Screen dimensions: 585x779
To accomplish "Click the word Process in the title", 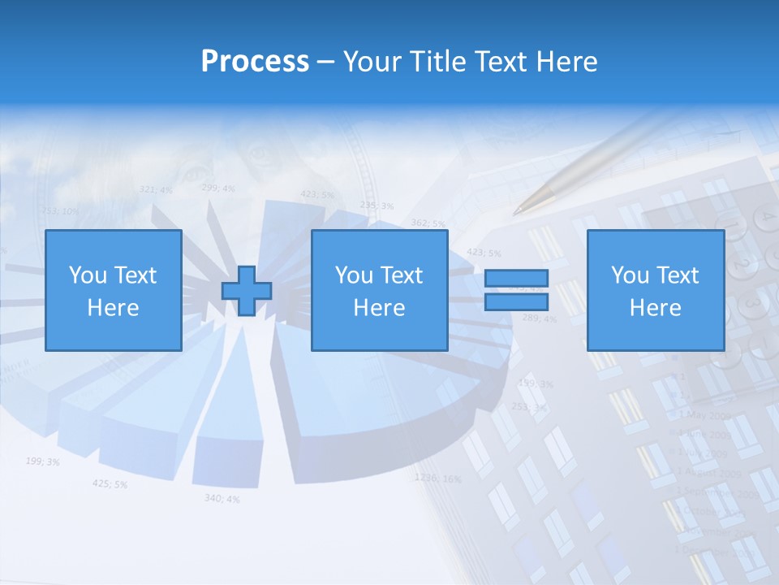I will tap(255, 62).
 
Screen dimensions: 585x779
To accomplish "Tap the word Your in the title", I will tap(374, 62).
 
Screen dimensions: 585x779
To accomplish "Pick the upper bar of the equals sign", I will tap(516, 279).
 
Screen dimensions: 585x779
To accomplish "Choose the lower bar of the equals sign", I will tap(516, 302).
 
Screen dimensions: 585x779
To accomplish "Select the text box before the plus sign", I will tap(113, 291).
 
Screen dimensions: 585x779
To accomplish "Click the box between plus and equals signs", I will tap(379, 291).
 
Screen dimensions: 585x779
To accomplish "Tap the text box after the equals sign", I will tap(655, 291).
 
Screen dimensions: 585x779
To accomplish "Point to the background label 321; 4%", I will tap(156, 189).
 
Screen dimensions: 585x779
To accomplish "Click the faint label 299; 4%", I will tap(217, 188).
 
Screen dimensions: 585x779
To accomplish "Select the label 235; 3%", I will tap(377, 206).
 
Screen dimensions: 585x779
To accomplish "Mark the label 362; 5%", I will tap(428, 223).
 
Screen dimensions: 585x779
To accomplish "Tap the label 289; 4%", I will tap(539, 318).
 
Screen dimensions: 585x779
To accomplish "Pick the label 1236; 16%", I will tap(437, 478).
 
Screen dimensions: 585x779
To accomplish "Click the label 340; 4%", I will tap(222, 498).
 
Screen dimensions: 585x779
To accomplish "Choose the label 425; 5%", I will tap(110, 483).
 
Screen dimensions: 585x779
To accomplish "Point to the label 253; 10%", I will tap(60, 211).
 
